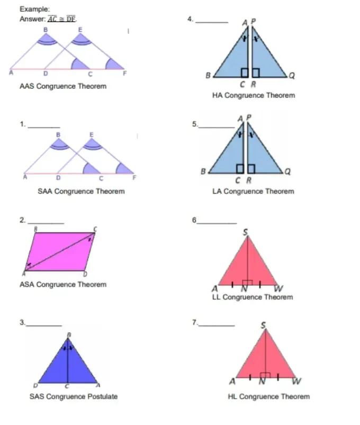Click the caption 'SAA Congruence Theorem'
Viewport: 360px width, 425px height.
click(81, 192)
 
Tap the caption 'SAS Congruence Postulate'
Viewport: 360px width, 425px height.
click(74, 396)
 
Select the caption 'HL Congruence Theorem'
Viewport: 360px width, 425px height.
click(268, 396)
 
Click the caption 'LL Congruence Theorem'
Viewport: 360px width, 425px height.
click(253, 297)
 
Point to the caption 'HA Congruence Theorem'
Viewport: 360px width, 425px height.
click(254, 95)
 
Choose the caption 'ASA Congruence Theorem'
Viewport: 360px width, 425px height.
click(63, 285)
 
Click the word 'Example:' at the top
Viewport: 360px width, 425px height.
click(35, 9)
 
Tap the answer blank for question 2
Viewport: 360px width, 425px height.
click(46, 223)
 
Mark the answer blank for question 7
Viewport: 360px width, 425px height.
click(217, 325)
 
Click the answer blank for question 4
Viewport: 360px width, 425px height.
click(212, 22)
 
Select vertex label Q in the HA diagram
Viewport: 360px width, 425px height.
click(292, 75)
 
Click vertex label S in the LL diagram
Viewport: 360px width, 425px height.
click(245, 232)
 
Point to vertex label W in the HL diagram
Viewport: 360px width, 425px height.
click(296, 382)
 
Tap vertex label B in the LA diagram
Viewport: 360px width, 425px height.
click(203, 171)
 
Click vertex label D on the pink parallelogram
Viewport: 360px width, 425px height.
click(85, 274)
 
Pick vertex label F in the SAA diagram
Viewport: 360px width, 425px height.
click(134, 178)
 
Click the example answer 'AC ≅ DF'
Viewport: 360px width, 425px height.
click(62, 19)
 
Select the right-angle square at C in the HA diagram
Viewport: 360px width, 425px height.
click(245, 73)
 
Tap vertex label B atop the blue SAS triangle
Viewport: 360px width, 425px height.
click(69, 334)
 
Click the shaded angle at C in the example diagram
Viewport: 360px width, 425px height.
click(78, 64)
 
